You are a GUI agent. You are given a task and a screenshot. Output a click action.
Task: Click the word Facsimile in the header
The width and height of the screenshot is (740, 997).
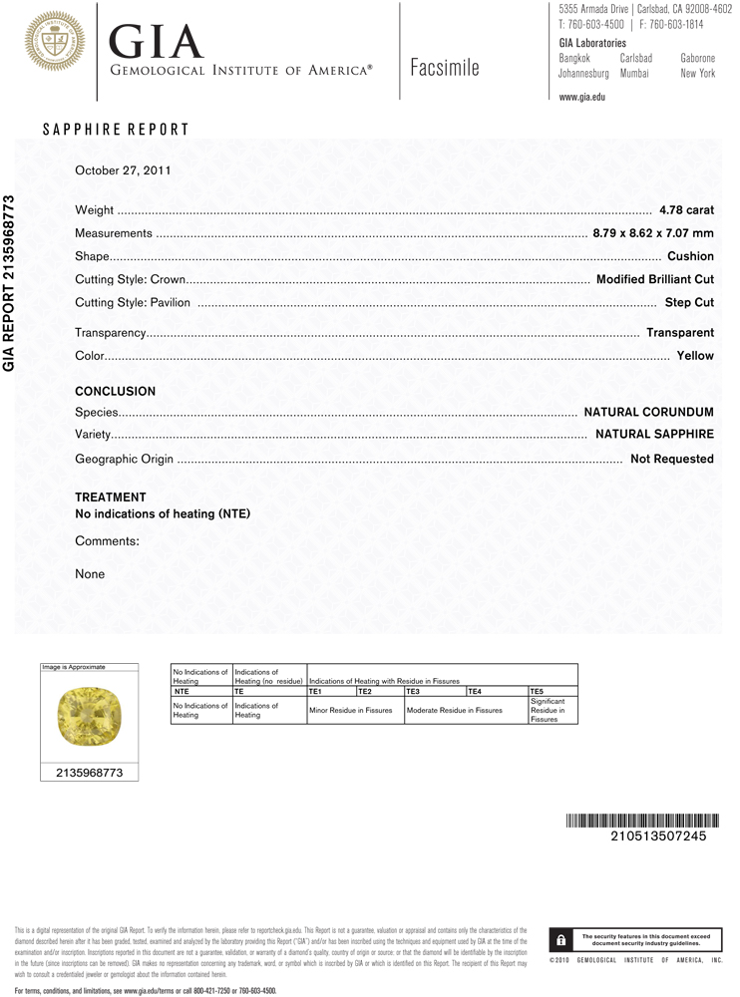(444, 68)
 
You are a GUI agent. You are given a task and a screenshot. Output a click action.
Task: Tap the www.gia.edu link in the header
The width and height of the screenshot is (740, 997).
(582, 97)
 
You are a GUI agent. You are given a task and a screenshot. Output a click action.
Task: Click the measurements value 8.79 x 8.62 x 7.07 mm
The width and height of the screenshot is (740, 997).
(653, 233)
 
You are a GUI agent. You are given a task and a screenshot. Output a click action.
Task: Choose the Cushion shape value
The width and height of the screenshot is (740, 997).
(690, 256)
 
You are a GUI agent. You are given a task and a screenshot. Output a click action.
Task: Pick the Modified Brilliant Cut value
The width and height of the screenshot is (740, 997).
(654, 279)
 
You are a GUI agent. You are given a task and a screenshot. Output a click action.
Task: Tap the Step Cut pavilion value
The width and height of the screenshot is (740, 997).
(689, 302)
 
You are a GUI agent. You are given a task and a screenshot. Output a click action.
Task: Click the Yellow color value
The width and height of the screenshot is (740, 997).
(695, 355)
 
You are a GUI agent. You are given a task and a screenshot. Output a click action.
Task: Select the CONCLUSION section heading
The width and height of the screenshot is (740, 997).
(116, 392)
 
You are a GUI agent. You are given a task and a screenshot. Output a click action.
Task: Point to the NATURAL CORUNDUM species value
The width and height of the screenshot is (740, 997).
(648, 412)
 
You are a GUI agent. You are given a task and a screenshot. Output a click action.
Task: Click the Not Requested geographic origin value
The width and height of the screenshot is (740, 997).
(672, 459)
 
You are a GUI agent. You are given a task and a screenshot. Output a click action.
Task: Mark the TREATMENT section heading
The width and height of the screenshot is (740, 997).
(111, 497)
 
